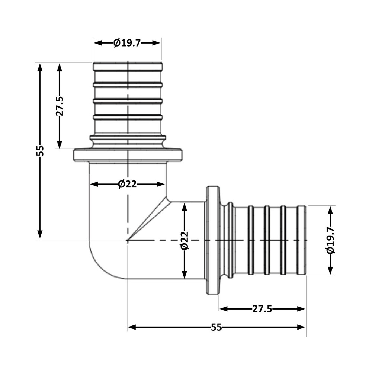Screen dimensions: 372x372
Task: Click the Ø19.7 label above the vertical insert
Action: [127, 43]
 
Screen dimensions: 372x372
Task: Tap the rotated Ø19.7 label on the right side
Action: [330, 240]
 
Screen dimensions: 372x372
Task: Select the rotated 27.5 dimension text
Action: [60, 106]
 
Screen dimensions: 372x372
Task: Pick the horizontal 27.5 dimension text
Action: [262, 309]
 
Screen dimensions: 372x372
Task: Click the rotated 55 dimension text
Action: [40, 150]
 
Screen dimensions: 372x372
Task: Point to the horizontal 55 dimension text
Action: [216, 327]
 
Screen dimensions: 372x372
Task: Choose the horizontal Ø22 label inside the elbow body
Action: [127, 184]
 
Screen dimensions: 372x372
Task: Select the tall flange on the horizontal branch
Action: [212, 240]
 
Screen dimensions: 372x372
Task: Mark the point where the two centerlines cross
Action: [128, 240]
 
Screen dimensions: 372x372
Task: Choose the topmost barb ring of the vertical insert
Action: [128, 67]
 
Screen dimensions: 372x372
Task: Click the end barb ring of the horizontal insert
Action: [301, 240]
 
